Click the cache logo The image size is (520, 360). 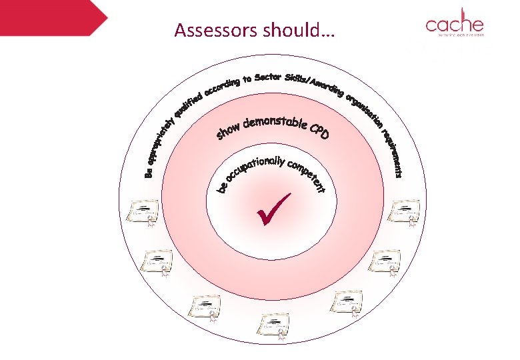(455, 25)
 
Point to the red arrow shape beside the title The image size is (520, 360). (53, 17)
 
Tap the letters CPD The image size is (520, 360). (319, 132)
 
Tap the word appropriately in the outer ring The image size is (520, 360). (161, 145)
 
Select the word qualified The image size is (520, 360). (188, 105)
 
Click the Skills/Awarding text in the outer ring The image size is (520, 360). (313, 81)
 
